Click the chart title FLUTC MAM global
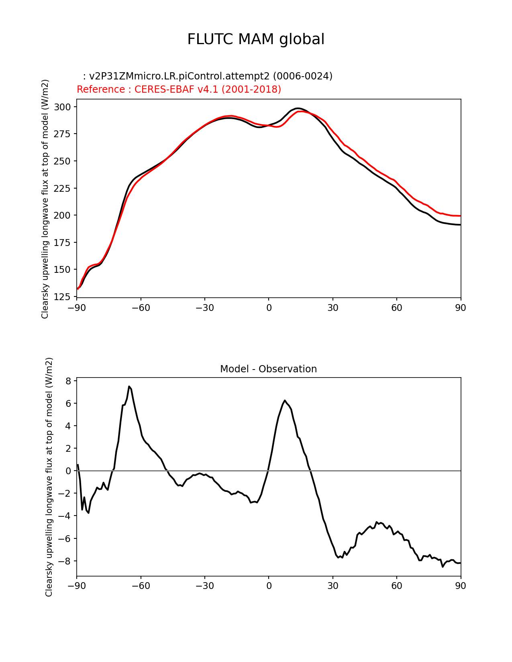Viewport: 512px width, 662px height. point(256,39)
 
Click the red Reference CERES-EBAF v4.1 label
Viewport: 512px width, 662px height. point(179,89)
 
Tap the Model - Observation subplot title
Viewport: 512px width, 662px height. point(268,369)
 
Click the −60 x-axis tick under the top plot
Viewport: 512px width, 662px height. point(141,308)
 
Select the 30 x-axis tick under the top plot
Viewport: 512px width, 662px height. point(332,308)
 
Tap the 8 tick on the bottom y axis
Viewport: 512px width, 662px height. point(68,381)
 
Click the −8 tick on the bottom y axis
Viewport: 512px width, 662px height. point(65,561)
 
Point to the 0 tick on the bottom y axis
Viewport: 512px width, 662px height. point(68,471)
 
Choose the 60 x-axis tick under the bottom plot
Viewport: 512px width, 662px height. point(396,586)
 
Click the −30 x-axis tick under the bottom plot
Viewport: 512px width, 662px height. point(204,586)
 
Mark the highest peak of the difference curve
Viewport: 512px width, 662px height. point(129,386)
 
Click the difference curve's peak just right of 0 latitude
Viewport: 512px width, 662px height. point(284,400)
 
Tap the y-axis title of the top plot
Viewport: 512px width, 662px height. point(45,199)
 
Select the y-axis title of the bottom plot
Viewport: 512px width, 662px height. point(49,477)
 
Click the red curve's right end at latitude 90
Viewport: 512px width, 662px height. point(460,216)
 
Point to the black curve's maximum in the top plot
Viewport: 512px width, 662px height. point(297,108)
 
